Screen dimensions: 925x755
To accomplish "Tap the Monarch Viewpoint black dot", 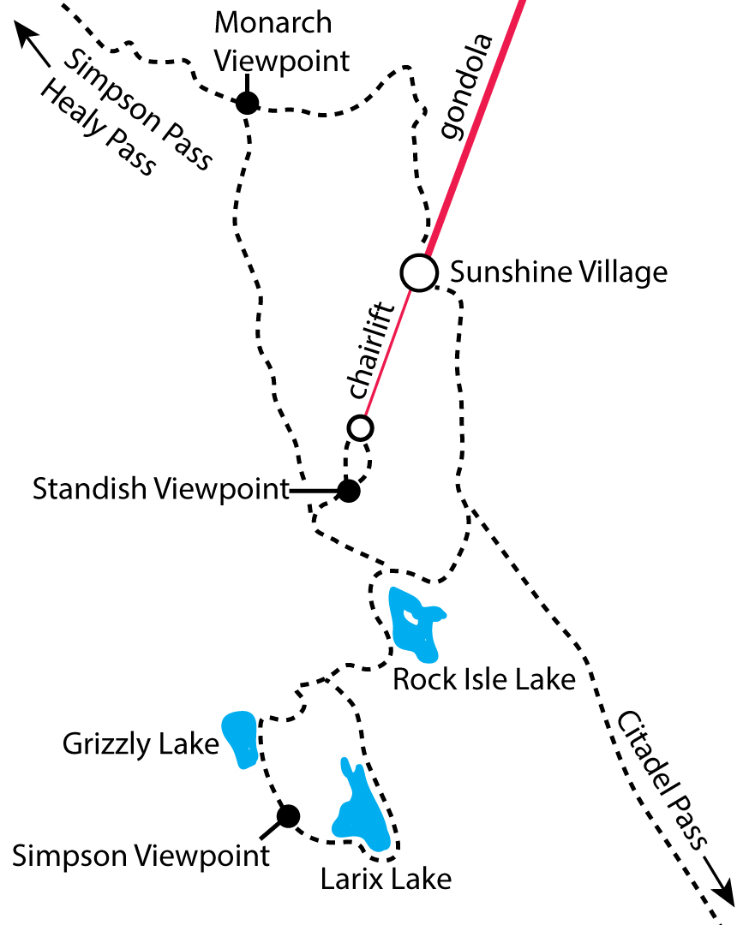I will click(x=247, y=104).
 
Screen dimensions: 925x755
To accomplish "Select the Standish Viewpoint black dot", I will click(x=348, y=491).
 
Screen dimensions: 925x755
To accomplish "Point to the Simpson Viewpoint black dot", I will click(x=288, y=816).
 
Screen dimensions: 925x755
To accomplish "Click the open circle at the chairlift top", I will click(x=361, y=427).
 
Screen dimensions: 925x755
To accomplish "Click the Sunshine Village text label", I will click(x=558, y=272).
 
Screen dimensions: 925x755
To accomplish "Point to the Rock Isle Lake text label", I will click(x=483, y=680).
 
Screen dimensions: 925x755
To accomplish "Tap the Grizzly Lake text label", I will click(x=141, y=744).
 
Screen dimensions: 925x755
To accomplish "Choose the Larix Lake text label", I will click(x=386, y=879).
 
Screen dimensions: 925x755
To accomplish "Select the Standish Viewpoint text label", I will click(x=161, y=490).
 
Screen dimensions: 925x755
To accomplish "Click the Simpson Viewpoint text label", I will click(x=141, y=855).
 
